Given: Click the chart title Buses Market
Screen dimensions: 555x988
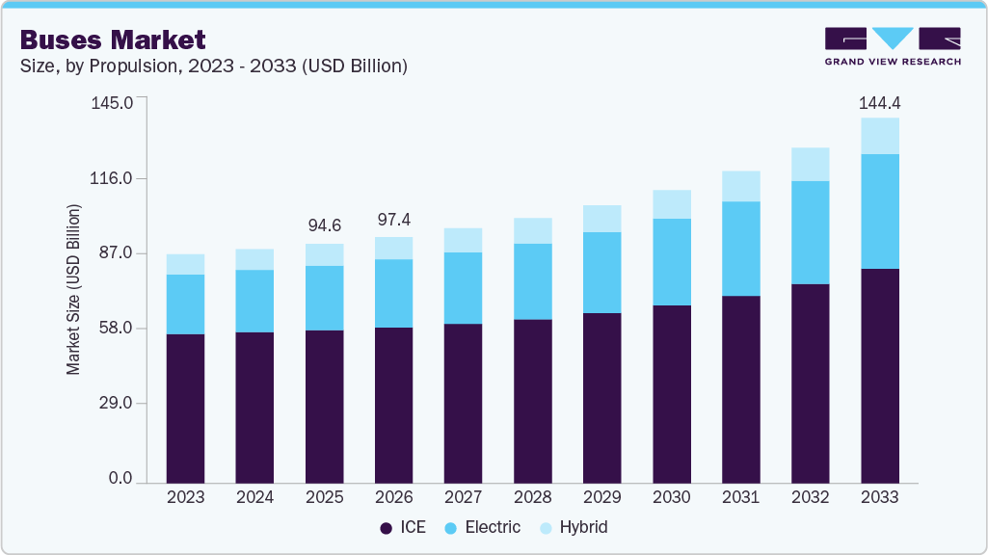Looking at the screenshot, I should coord(112,40).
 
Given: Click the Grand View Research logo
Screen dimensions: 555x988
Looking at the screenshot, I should coord(892,45).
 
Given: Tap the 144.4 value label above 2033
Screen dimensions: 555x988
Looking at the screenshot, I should coord(879,102).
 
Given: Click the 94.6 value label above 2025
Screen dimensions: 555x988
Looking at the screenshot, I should coord(324,226).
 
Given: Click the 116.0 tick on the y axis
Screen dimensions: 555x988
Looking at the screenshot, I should coord(113,178).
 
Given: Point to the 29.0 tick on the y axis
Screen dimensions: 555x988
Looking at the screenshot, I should coord(116,404).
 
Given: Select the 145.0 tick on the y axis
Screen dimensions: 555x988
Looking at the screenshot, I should coord(113,102).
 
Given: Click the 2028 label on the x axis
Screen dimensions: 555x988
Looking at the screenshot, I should coord(532,497).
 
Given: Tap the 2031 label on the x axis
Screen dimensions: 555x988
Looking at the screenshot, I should coord(740,497).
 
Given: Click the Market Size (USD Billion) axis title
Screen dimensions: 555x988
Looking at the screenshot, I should coord(73,289).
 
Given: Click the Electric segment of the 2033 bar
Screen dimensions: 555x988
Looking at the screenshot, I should coord(879,211).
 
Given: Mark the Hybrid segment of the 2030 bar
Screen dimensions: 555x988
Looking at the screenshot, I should coord(671,204).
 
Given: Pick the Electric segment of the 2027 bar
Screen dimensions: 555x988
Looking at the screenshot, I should coord(463,288).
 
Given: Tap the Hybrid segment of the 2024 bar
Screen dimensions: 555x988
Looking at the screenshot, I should coord(254,259).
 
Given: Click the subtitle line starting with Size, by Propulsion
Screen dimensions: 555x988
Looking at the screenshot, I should coord(215,66).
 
